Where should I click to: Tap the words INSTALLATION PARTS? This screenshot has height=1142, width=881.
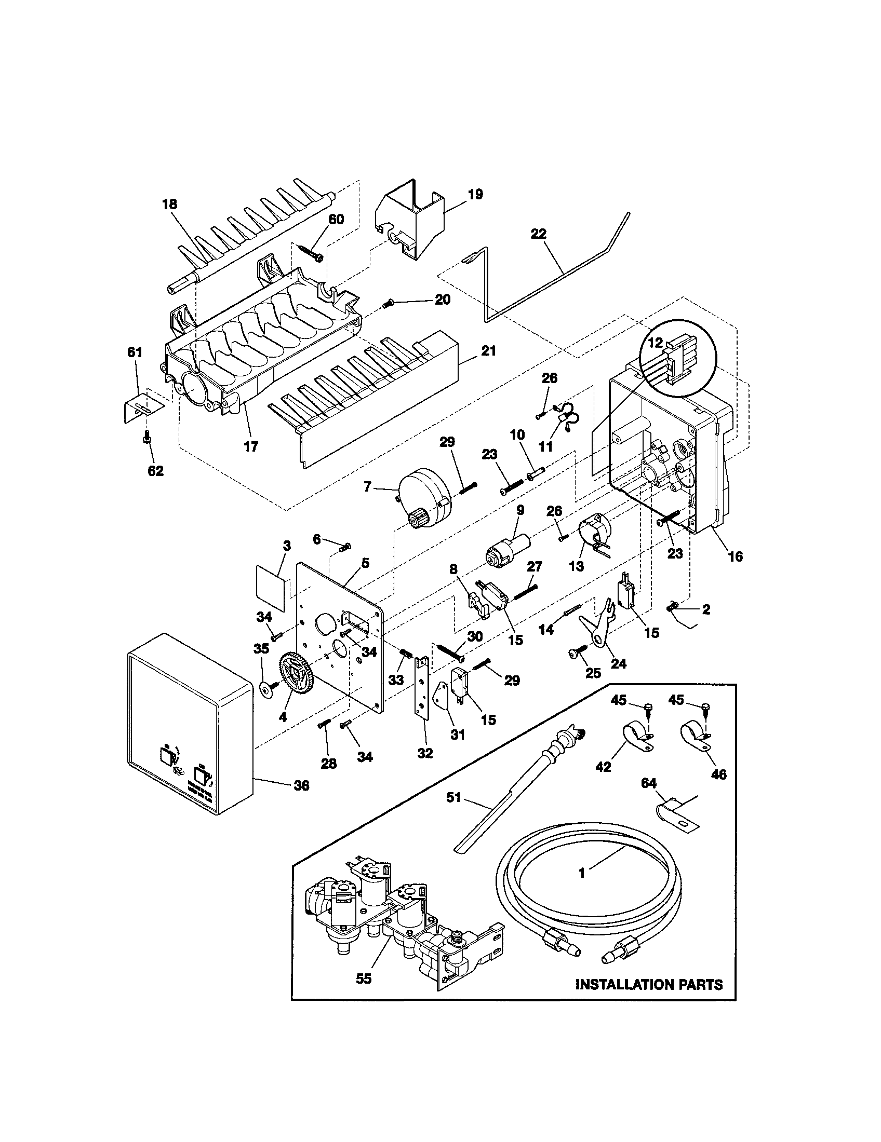[x=649, y=985]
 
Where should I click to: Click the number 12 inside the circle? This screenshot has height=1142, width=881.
[x=656, y=343]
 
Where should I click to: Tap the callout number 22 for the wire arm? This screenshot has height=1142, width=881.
[x=538, y=234]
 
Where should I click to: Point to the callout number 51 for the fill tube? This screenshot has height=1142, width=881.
[x=453, y=797]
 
